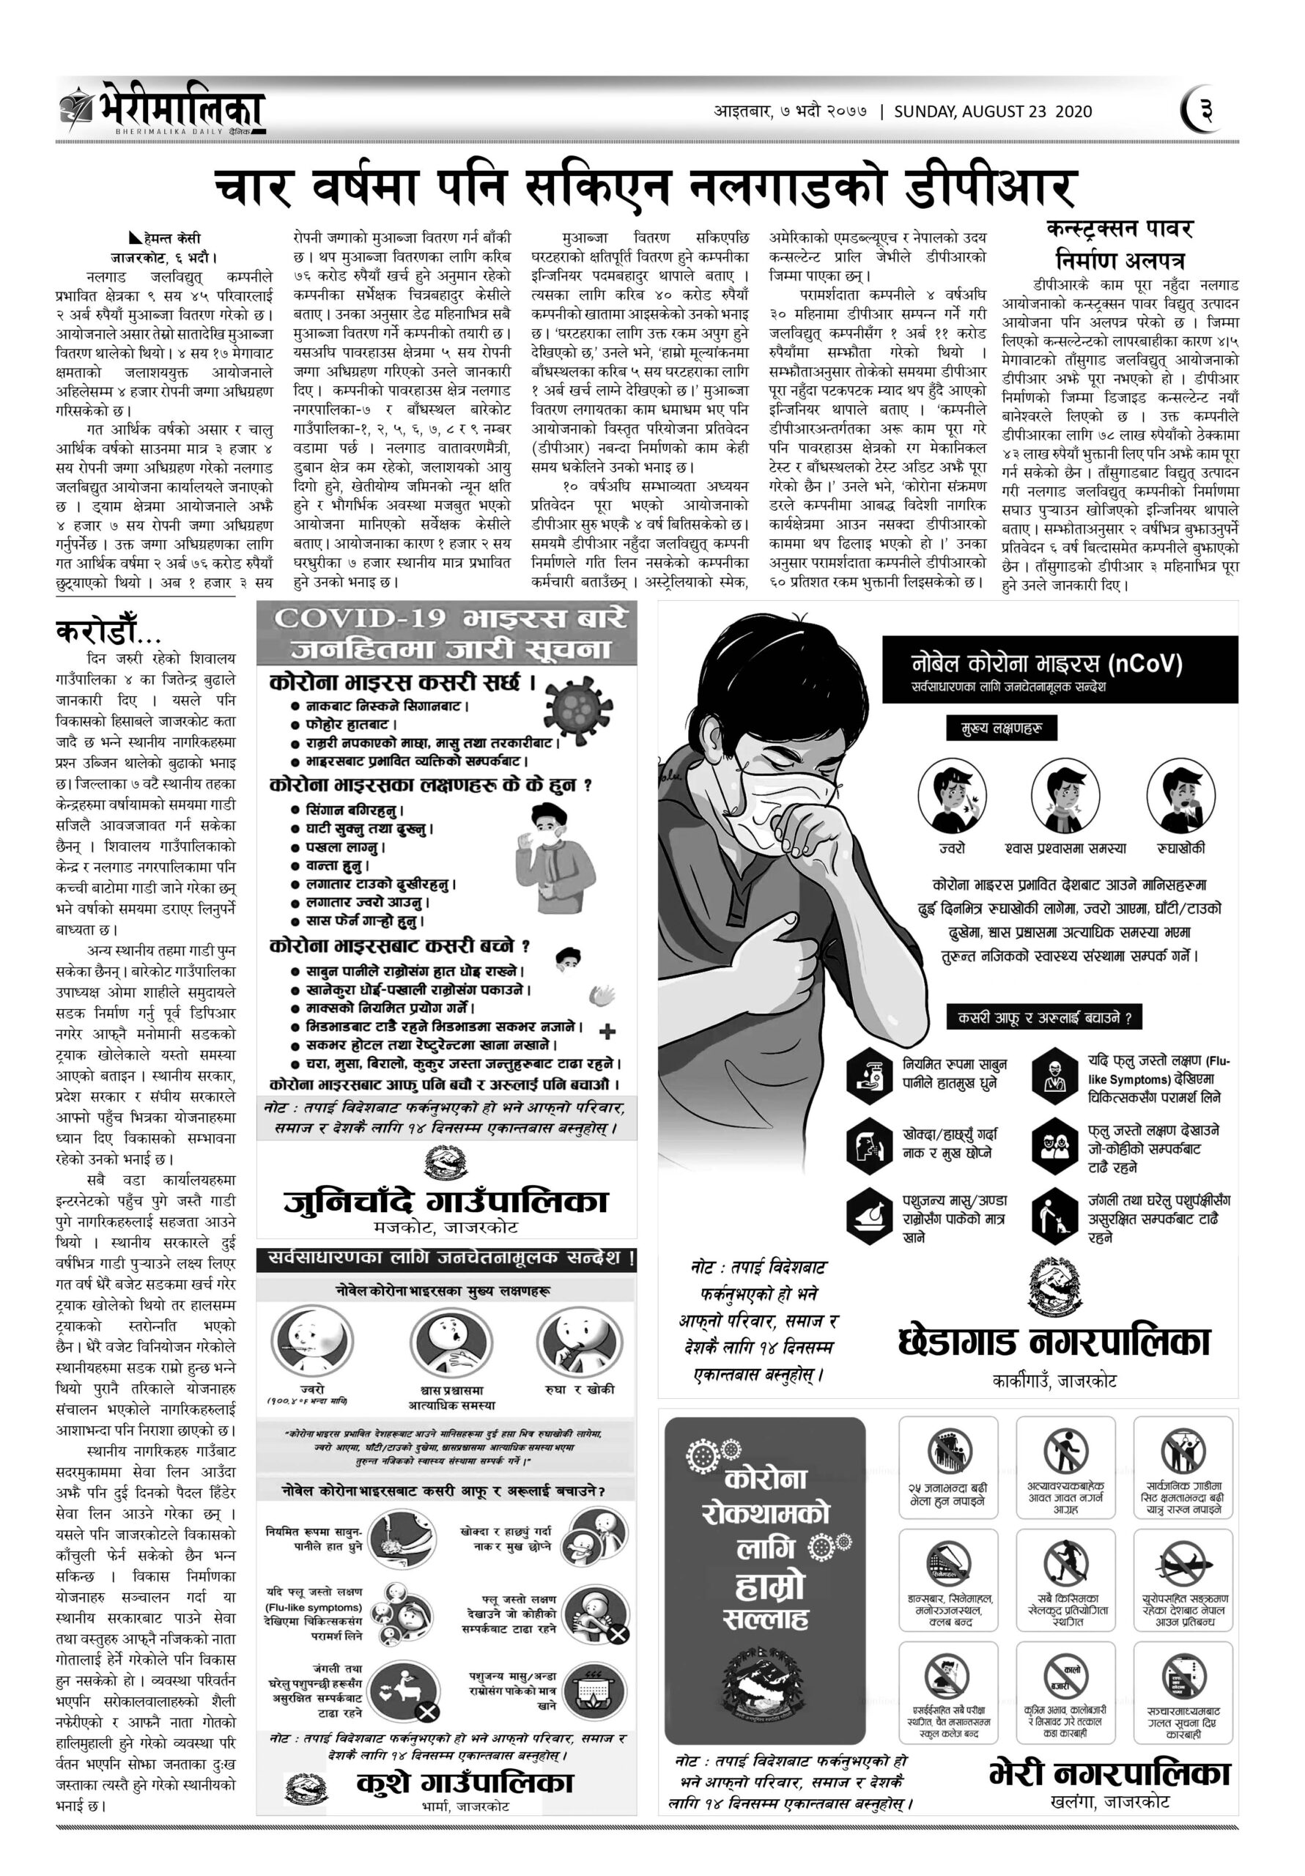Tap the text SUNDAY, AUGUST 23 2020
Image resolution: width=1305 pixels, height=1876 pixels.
pos(992,112)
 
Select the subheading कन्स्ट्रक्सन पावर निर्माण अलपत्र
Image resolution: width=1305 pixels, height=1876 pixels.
pos(1119,243)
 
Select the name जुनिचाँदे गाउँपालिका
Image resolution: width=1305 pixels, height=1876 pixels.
pos(446,1201)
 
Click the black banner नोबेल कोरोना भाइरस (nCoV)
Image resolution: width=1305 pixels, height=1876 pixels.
pos(1059,669)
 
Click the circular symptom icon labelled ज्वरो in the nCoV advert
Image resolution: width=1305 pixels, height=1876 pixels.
pos(951,795)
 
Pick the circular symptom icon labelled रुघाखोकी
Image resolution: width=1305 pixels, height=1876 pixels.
pos(1180,795)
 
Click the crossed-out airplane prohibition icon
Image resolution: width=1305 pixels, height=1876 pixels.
pos(1183,1562)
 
